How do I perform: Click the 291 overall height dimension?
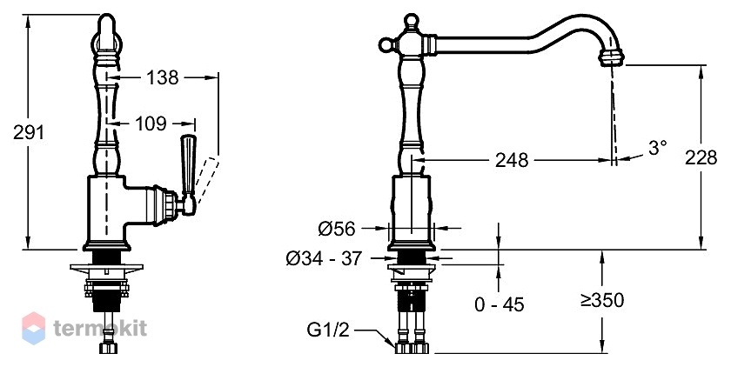[29, 132]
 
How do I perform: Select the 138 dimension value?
[162, 77]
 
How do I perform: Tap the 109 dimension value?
[151, 123]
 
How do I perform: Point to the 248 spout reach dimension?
[512, 160]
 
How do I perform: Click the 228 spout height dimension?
[701, 157]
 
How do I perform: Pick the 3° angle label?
[657, 148]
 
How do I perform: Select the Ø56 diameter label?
[337, 228]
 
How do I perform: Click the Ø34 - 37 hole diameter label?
[324, 258]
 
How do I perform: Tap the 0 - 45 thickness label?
[500, 304]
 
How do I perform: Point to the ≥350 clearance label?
[602, 300]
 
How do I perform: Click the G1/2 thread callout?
[328, 330]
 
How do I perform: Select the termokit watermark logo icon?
[34, 329]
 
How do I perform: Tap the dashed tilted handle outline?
[205, 180]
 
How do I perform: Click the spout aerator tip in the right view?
[611, 58]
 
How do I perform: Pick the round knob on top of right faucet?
[410, 21]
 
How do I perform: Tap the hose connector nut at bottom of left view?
[108, 349]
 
